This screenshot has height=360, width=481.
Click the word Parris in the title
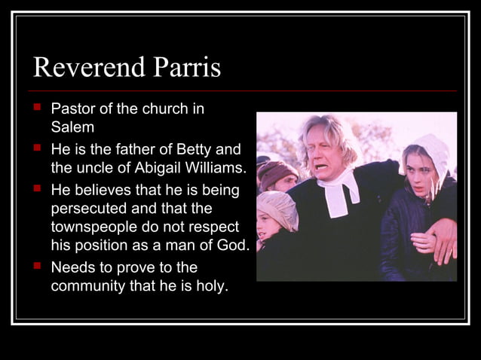point(186,68)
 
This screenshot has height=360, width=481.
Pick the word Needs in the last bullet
point(71,267)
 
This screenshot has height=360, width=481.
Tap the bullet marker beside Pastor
point(37,108)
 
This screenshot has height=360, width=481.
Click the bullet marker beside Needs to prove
point(37,266)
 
